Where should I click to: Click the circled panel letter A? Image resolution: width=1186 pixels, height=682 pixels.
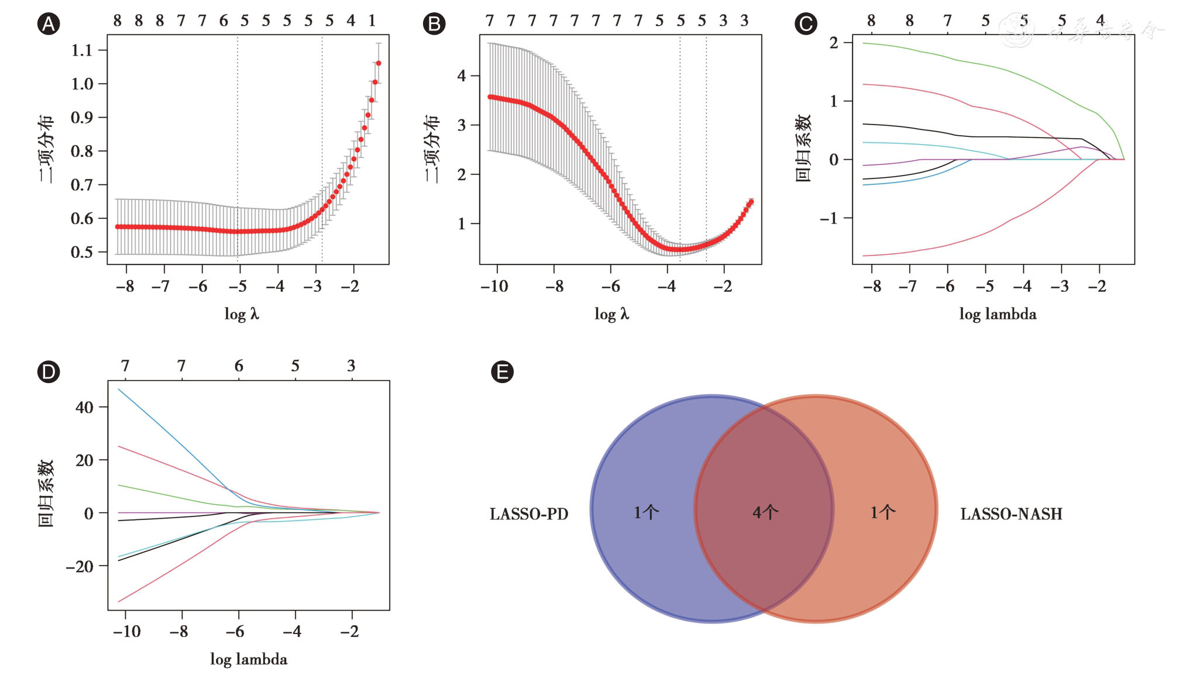click(49, 24)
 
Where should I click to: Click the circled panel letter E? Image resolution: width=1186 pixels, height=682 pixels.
click(502, 372)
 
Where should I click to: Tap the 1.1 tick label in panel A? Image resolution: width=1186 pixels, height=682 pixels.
click(82, 50)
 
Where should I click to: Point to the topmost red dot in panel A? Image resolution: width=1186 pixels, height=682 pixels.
click(379, 63)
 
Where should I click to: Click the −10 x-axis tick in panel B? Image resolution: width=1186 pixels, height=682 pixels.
click(494, 287)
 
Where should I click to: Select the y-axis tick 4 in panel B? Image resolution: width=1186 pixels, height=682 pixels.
click(462, 76)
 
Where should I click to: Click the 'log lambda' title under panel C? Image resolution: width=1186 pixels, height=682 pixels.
click(998, 315)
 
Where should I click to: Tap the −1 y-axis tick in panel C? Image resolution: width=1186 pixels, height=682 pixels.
click(829, 219)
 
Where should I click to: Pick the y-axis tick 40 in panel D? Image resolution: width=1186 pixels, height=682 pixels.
click(84, 407)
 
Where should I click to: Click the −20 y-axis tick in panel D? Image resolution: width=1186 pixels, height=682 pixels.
click(80, 566)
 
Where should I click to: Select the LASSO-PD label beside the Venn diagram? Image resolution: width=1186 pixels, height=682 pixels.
click(529, 514)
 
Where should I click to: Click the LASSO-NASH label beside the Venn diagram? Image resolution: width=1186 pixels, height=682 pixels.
click(1011, 514)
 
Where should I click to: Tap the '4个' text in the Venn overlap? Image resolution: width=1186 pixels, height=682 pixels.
click(765, 513)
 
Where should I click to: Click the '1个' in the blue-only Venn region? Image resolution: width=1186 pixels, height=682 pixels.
click(646, 513)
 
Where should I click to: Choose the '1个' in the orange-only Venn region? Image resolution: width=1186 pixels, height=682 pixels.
click(882, 513)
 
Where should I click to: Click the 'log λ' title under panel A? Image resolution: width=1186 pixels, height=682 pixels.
click(242, 315)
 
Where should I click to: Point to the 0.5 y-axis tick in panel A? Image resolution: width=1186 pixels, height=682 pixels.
click(82, 253)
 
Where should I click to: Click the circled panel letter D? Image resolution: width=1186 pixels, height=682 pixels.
click(49, 372)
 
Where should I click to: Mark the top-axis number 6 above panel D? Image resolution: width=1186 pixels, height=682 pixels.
click(239, 366)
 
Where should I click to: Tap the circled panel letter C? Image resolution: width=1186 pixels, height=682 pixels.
click(806, 24)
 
